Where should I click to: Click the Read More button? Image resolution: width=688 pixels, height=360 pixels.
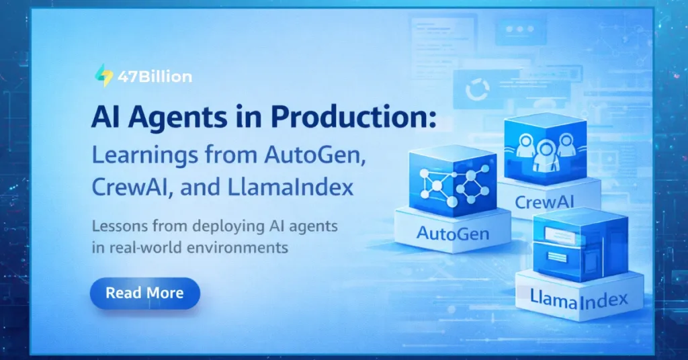(144, 294)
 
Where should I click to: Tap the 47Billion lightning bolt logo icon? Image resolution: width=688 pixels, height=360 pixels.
(103, 76)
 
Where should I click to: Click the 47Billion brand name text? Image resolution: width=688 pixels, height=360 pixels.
(155, 77)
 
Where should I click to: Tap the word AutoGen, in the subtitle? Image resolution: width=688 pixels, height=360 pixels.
(307, 156)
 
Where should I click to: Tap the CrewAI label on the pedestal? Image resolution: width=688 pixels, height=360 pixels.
(548, 201)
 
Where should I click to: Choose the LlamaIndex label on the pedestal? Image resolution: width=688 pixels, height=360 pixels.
(578, 298)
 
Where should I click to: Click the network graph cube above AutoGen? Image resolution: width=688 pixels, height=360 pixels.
(451, 181)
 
